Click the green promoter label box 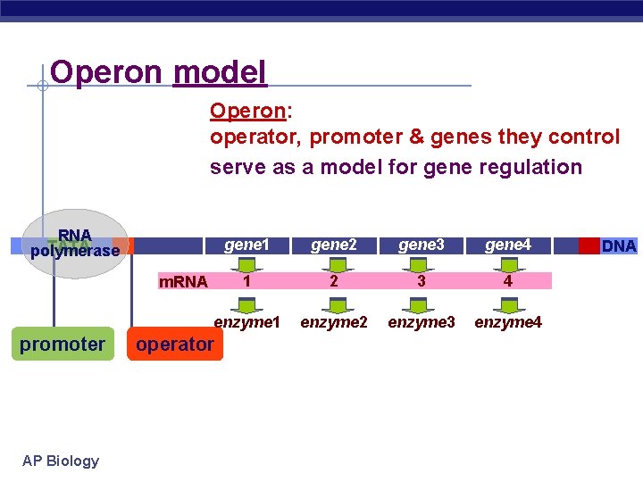coord(63,344)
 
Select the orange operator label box coord(175,344)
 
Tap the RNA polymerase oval coord(75,244)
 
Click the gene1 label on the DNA coord(246,245)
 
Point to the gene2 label coord(333,245)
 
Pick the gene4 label coord(508,245)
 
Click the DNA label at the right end coord(618,245)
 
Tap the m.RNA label coord(183,282)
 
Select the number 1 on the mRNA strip coord(246,281)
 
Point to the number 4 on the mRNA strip coord(508,281)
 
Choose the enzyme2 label coord(334,321)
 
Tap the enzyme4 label coord(508,321)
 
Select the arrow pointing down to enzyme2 coord(334,303)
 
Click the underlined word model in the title coord(220,71)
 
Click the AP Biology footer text coord(61,461)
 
